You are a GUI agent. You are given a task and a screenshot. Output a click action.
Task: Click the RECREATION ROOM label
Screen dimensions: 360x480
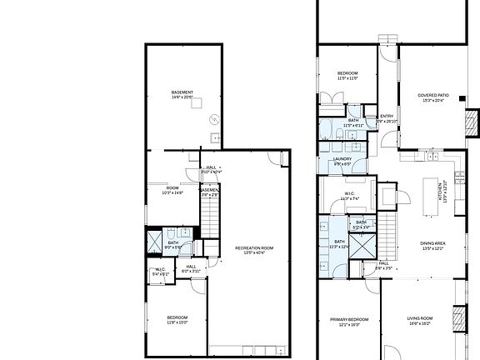point(254,247)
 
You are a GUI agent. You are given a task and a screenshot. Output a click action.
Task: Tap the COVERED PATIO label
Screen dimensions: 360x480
point(432,95)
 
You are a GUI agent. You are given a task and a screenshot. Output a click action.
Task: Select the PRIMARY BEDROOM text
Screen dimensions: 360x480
point(349,320)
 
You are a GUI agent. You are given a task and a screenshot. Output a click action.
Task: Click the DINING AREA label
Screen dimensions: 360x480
point(432,243)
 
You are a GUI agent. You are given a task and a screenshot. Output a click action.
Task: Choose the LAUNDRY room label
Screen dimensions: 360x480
point(342,159)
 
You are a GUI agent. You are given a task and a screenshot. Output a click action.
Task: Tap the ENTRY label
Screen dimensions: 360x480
point(386,116)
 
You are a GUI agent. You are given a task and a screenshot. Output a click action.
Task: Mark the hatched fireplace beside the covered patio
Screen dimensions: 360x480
point(472,124)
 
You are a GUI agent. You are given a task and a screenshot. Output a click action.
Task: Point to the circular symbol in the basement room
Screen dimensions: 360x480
point(212,117)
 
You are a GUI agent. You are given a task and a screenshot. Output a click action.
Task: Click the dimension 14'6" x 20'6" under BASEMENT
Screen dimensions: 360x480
point(182,97)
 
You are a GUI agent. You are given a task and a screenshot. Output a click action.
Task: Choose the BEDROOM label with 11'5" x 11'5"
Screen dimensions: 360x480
point(347,74)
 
